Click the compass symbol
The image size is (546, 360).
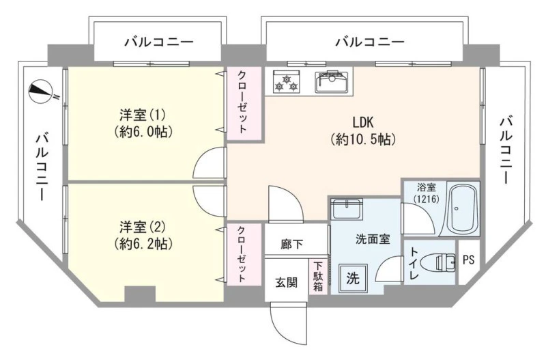click(x=41, y=91)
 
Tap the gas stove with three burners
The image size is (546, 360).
click(x=286, y=81)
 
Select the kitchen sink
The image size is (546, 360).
click(x=332, y=82)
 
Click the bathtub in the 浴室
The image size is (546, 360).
click(x=462, y=210)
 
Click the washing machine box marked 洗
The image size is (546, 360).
click(x=353, y=278)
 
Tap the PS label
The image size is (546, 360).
click(x=469, y=260)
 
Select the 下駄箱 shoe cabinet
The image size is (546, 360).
click(x=318, y=277)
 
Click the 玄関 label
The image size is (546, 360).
click(x=286, y=282)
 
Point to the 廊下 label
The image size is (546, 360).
click(x=292, y=244)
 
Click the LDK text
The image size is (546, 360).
click(x=363, y=122)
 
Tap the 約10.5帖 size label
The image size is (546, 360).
click(x=363, y=139)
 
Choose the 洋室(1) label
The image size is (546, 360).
click(x=143, y=114)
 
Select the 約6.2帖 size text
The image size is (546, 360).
click(x=143, y=244)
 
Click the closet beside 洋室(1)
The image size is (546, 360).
click(x=244, y=104)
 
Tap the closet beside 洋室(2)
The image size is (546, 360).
click(x=244, y=254)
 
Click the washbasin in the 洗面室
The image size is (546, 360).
click(x=347, y=209)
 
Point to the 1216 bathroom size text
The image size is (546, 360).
click(x=426, y=199)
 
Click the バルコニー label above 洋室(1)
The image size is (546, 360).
click(x=159, y=42)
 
